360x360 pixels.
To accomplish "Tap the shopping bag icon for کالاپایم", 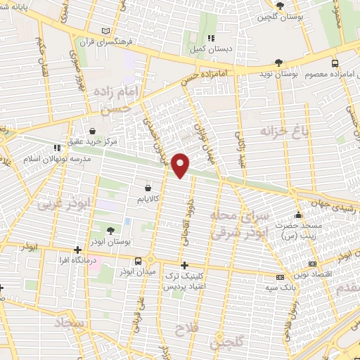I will click(x=148, y=188).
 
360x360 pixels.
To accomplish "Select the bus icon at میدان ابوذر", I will click(x=148, y=259).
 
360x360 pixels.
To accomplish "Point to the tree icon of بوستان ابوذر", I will click(x=110, y=230).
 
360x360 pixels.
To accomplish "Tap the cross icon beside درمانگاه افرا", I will click(x=78, y=250).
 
